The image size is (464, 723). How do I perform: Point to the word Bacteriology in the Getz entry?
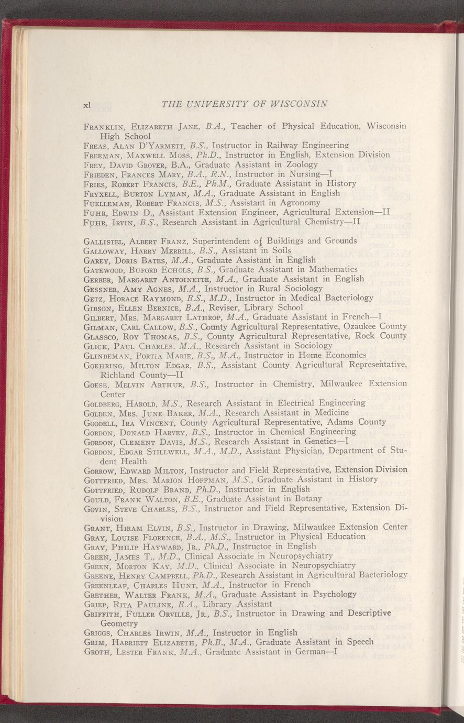344,298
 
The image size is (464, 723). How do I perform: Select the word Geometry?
119,623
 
